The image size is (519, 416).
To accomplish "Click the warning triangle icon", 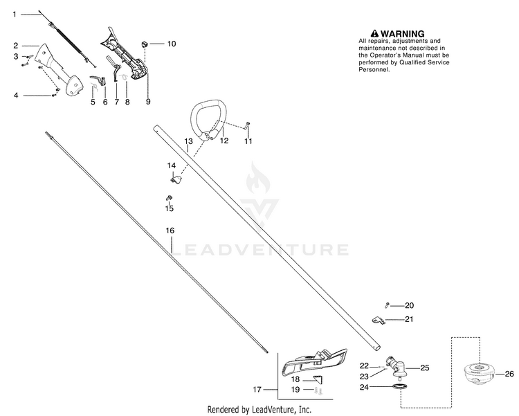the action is tap(374, 33).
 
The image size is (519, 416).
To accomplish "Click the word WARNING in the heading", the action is tap(403, 34).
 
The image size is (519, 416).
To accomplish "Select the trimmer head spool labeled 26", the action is tap(478, 374).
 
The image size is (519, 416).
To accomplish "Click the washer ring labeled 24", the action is tap(399, 386).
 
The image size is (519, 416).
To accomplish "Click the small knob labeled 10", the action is tap(145, 44).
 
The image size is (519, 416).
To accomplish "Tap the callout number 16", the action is tap(170, 230).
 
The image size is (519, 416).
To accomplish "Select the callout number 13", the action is tap(188, 141).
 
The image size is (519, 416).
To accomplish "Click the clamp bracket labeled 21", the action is tap(378, 320).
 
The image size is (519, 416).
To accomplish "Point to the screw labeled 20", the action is tap(387, 305).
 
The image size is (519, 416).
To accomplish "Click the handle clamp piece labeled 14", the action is tap(176, 180).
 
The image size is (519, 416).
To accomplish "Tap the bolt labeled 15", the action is tap(169, 198).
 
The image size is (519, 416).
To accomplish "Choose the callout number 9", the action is tap(148, 102).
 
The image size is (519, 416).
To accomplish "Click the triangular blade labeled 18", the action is tap(318, 379).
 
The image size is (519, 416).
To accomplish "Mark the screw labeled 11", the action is tap(248, 126).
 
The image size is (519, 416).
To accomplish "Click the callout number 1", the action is tap(15, 15).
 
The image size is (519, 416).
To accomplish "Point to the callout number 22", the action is tap(364, 365).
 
